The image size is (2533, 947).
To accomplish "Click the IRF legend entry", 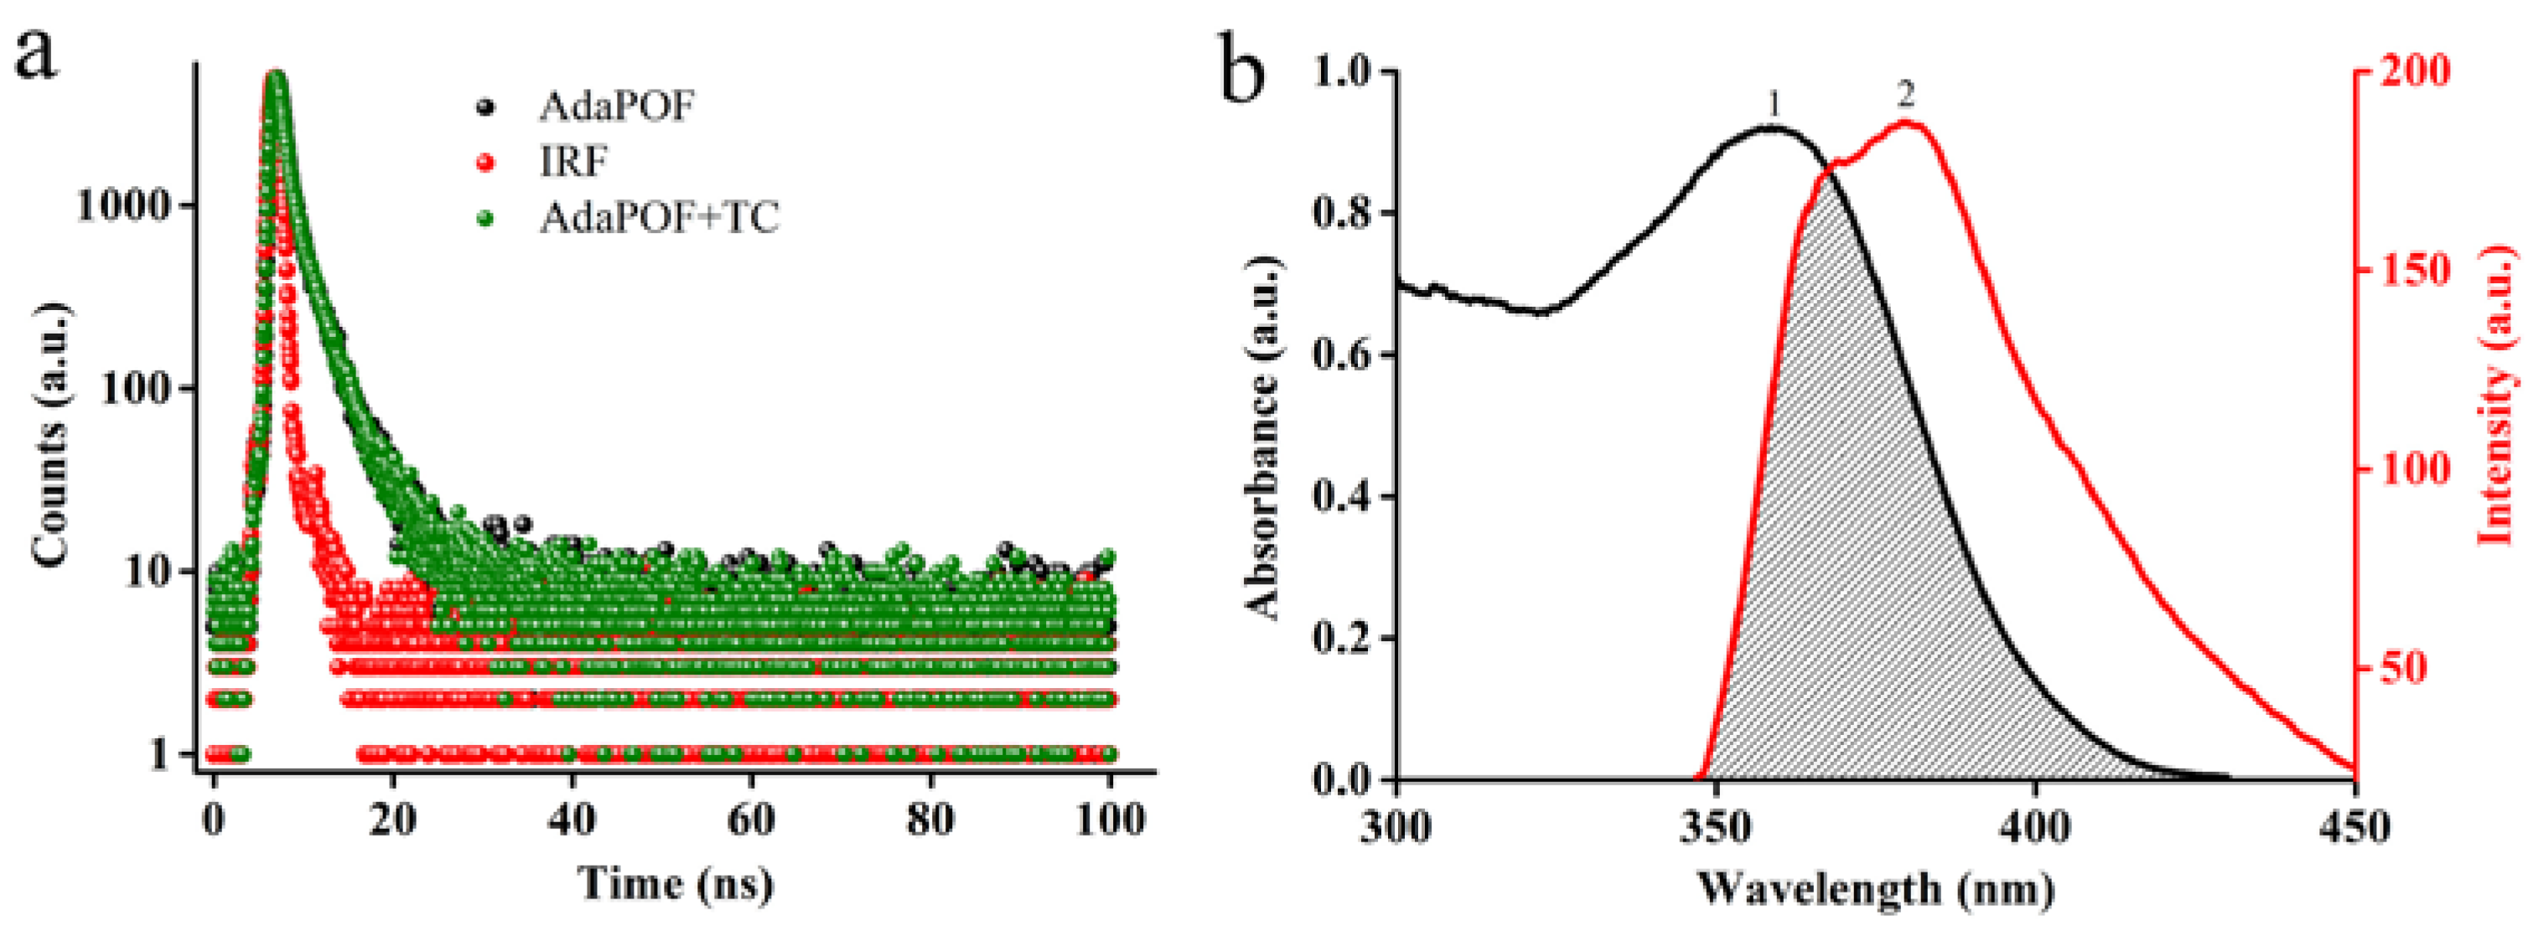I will click(x=573, y=160).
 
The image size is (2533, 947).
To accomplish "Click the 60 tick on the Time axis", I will click(x=750, y=819).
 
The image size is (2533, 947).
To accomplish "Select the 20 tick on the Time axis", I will click(x=392, y=819).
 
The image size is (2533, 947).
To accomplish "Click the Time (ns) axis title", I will click(x=676, y=884).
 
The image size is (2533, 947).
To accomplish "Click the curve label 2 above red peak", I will click(x=1906, y=96).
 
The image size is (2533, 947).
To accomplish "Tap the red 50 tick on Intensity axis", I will click(x=2402, y=668).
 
